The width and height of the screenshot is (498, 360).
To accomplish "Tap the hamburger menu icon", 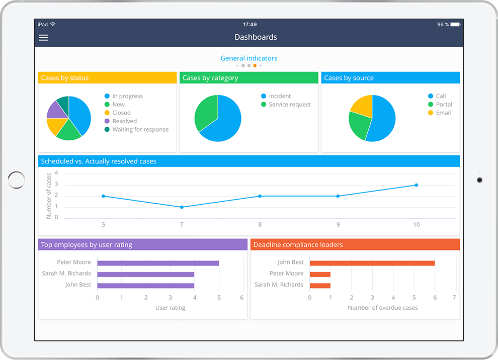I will coord(44,38).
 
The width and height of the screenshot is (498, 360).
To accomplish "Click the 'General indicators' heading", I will coord(248,58).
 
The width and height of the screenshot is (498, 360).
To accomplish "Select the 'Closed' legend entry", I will coord(121,113).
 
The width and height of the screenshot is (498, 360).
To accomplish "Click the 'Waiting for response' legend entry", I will coord(140,129).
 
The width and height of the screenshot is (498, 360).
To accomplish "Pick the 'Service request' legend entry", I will coord(290,105).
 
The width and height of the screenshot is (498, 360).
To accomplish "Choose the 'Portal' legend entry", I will coord(444,105).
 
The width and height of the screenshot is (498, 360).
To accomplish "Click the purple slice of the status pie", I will coord(56,110).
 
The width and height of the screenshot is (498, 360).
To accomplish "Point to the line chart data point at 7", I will coord(182,207).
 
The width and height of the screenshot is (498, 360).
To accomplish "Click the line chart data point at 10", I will coord(417,185).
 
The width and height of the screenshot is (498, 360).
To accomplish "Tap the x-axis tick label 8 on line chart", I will coord(260,225).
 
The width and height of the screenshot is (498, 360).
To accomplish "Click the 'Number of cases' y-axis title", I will coord(49,196).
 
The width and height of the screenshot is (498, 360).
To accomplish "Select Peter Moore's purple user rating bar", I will coord(158,263).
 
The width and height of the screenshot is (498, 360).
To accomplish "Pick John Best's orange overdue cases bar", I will coord(372,263).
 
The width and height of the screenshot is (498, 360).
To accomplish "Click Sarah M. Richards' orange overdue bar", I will coord(320,286).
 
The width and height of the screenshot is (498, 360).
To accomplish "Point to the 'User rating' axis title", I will coord(170,308).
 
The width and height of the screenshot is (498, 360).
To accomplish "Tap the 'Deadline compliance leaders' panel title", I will coord(298,245).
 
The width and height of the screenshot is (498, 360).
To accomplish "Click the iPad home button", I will coord(17,180).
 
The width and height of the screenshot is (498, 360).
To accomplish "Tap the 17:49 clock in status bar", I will coord(250,24).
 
